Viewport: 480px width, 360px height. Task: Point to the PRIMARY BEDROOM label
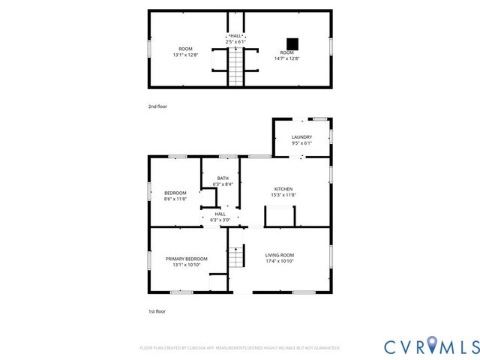coord(186,259)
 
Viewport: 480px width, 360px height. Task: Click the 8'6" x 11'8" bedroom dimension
coord(175,199)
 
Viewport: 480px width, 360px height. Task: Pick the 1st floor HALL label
coord(220,214)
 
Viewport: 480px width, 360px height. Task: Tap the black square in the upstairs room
coord(292,43)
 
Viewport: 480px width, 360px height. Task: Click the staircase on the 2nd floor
coord(236,66)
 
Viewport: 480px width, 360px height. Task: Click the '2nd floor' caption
coord(157,106)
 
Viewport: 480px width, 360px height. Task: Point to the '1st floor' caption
coord(157,310)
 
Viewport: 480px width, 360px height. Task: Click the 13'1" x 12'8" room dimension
coord(185,54)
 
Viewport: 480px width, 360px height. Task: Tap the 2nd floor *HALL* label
coord(235,35)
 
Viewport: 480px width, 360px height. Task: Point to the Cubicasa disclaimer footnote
coord(240,348)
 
